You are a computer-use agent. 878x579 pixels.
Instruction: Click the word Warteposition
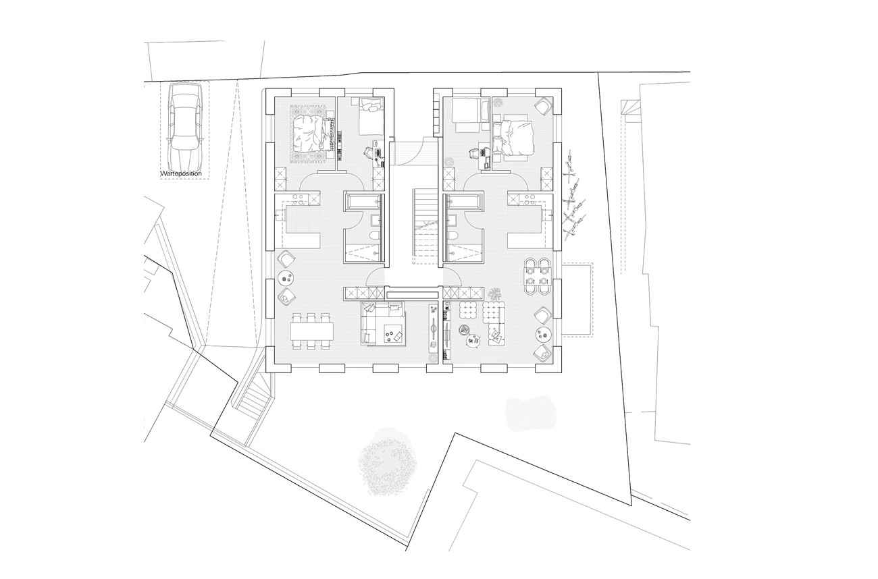(181, 173)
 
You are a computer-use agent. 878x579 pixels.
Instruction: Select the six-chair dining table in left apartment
(311, 331)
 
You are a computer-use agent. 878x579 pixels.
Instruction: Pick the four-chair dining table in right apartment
(538, 276)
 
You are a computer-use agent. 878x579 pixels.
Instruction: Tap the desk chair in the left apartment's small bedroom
(369, 152)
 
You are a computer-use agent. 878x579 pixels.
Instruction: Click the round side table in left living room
(285, 279)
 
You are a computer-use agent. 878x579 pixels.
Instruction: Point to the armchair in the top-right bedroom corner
(543, 106)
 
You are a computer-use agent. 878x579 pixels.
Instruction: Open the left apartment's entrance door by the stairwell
(374, 276)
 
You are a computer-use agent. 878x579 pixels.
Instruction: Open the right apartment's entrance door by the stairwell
(452, 276)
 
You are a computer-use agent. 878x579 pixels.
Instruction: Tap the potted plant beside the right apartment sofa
(494, 293)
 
